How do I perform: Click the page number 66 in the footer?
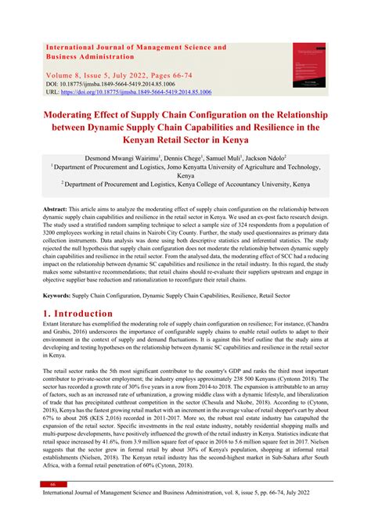[x=52, y=484]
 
